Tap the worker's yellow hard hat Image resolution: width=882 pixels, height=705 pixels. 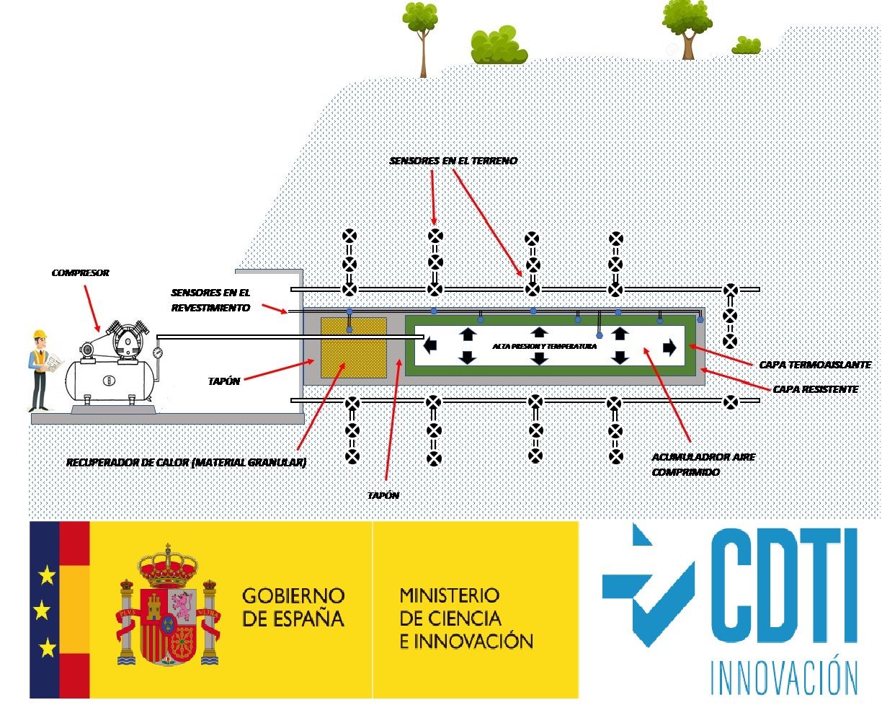(x=39, y=334)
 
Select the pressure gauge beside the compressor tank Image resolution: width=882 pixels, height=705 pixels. (x=158, y=353)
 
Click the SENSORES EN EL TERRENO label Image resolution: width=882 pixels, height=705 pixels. (x=453, y=161)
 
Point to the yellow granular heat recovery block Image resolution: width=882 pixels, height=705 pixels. (x=352, y=350)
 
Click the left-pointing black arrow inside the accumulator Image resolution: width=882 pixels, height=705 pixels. (x=430, y=346)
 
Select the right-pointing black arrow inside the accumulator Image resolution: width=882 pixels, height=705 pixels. (x=669, y=347)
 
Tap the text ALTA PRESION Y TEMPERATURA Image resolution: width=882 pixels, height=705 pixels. (x=544, y=347)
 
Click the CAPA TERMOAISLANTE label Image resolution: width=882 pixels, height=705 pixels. (x=815, y=365)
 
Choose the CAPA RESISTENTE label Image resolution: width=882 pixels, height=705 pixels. (x=815, y=389)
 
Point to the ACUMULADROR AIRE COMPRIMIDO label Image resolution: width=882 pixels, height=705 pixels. (x=692, y=464)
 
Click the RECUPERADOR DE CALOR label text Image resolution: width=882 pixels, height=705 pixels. (x=187, y=463)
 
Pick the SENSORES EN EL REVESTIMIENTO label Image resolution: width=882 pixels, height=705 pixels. (x=210, y=300)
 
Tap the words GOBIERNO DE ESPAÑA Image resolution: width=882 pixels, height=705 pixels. (x=293, y=607)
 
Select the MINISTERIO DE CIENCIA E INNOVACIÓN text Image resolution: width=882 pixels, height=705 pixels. (x=466, y=618)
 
